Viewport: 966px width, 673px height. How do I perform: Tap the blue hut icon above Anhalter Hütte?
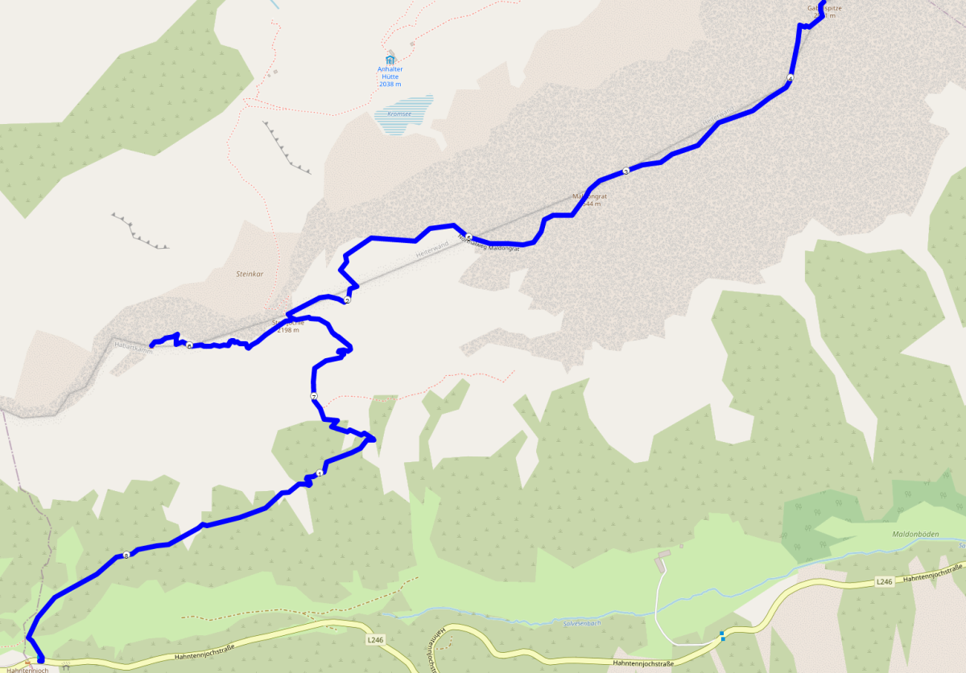(390, 60)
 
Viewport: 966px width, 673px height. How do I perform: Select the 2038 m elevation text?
(390, 85)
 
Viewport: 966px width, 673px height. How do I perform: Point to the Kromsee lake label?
(400, 114)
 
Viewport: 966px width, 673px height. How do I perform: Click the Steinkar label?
(249, 274)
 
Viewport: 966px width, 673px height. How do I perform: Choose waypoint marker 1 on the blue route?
(320, 473)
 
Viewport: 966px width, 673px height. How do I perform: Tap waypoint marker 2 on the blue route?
(347, 300)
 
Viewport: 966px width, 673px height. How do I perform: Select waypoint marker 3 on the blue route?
(625, 171)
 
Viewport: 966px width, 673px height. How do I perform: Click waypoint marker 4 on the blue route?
(791, 78)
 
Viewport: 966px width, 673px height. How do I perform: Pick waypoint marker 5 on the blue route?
(468, 237)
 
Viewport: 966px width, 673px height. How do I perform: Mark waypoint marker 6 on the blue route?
(189, 345)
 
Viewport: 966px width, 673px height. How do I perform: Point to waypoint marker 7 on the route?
(313, 397)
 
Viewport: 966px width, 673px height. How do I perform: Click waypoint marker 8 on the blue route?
(126, 555)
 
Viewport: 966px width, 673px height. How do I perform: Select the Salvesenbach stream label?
(582, 622)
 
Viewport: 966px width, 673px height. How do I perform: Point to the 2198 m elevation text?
(287, 330)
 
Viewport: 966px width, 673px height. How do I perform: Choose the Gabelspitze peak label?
(824, 8)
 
